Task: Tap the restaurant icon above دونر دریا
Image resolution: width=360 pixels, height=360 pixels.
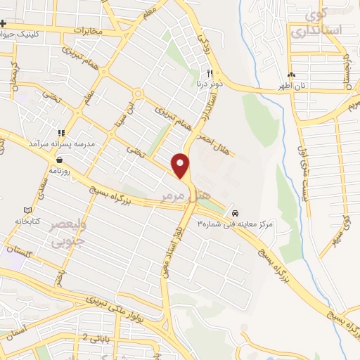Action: [210, 73]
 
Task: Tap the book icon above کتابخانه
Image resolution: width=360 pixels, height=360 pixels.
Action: [27, 210]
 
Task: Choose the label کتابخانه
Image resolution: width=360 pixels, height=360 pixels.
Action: [27, 221]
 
